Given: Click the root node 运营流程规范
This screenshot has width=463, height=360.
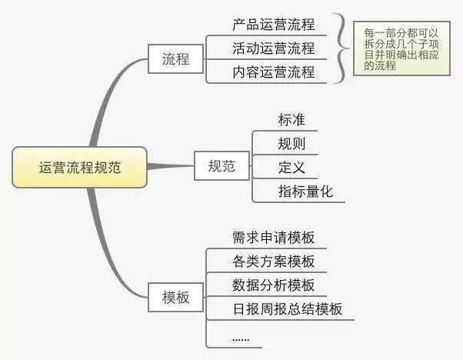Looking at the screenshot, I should (x=79, y=166).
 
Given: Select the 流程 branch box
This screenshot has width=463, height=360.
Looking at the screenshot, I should (x=176, y=58).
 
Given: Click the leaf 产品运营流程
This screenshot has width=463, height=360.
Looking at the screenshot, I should (x=273, y=25).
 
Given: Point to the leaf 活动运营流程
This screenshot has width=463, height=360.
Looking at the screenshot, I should (x=273, y=48).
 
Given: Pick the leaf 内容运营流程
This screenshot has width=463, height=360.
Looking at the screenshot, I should (x=273, y=72).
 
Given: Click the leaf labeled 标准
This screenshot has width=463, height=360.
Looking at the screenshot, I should (x=291, y=121).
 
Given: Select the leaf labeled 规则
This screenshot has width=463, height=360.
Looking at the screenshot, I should (x=291, y=144).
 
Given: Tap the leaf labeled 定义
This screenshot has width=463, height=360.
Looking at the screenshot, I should (x=291, y=168).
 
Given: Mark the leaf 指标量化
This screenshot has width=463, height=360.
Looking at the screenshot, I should (x=305, y=192).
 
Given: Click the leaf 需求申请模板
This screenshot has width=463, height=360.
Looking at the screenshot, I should (x=273, y=238).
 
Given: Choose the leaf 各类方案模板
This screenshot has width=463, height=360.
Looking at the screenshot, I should (x=273, y=262).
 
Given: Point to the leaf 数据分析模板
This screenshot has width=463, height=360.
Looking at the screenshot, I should (x=273, y=285).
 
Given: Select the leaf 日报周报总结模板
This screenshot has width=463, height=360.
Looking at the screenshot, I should (x=287, y=309).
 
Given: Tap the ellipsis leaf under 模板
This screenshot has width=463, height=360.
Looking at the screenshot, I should (x=240, y=336).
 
